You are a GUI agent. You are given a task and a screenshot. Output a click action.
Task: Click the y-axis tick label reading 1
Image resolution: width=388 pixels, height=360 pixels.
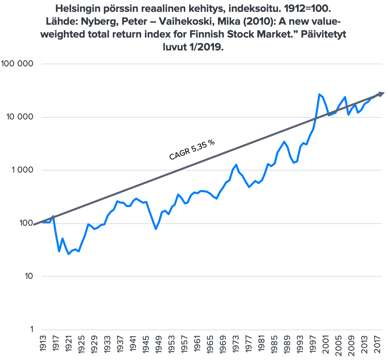click(x=31, y=329)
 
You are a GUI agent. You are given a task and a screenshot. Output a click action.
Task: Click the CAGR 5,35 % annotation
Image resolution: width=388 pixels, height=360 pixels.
click(x=192, y=150)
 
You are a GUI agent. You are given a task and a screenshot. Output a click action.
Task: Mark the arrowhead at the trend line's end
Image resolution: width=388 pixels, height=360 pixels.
click(x=381, y=94)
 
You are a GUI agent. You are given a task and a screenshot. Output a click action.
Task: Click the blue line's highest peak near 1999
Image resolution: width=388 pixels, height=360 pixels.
click(x=319, y=94)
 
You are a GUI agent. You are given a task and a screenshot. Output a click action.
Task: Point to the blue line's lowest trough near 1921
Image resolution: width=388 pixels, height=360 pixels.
click(x=69, y=254)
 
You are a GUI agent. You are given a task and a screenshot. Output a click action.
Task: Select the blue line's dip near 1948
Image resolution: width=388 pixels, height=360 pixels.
click(x=155, y=229)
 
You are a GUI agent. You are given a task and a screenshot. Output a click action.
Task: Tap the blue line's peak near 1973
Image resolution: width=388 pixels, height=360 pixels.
click(x=236, y=165)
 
